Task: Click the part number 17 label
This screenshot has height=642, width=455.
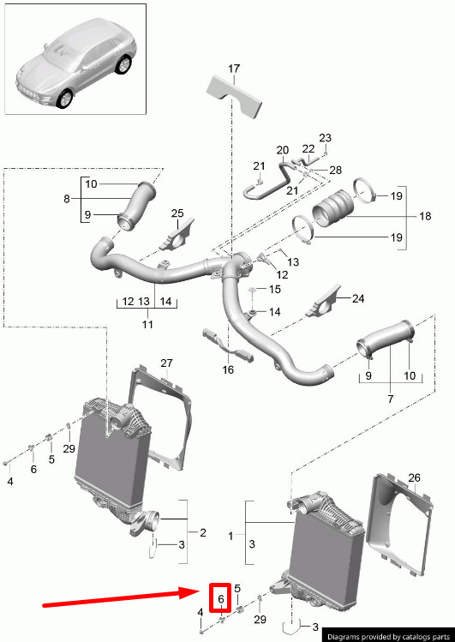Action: click(234, 69)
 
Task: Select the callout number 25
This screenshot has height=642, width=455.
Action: click(177, 213)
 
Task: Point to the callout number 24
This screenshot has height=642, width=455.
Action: click(358, 298)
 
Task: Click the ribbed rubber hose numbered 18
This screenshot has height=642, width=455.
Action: click(333, 208)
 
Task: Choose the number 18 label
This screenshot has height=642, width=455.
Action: click(425, 216)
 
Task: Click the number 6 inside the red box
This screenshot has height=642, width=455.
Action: click(221, 599)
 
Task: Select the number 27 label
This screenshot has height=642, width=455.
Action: click(166, 363)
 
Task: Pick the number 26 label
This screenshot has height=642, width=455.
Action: click(414, 477)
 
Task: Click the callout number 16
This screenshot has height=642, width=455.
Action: click(228, 369)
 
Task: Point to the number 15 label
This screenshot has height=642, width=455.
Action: click(275, 290)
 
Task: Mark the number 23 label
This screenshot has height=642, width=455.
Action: click(325, 138)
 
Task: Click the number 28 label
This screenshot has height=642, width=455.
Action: click(335, 170)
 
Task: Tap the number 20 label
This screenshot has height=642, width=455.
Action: click(282, 150)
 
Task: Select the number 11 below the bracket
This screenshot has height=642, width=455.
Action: click(147, 324)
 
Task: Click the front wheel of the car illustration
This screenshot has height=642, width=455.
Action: click(64, 99)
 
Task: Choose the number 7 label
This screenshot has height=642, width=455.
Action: click(390, 399)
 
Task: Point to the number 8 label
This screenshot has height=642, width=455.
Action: click(67, 199)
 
